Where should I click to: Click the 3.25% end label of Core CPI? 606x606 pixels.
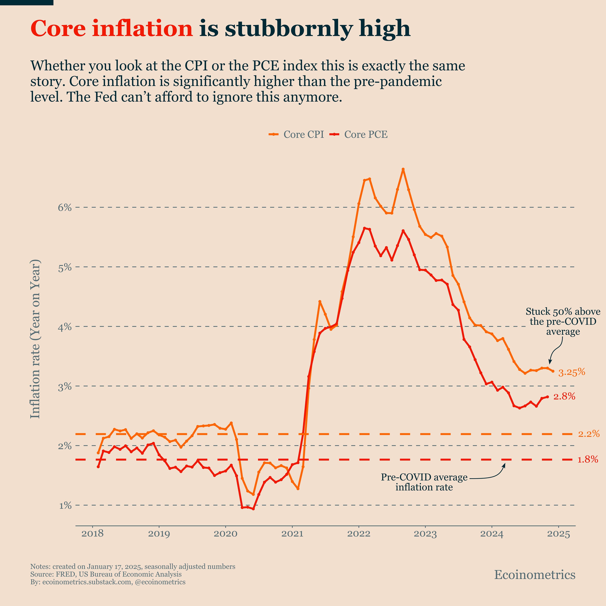click(571, 372)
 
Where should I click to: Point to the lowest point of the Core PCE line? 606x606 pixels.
click(253, 509)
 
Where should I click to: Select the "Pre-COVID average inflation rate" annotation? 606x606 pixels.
click(424, 482)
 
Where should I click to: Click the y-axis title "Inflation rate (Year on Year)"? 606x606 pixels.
click(35, 339)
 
